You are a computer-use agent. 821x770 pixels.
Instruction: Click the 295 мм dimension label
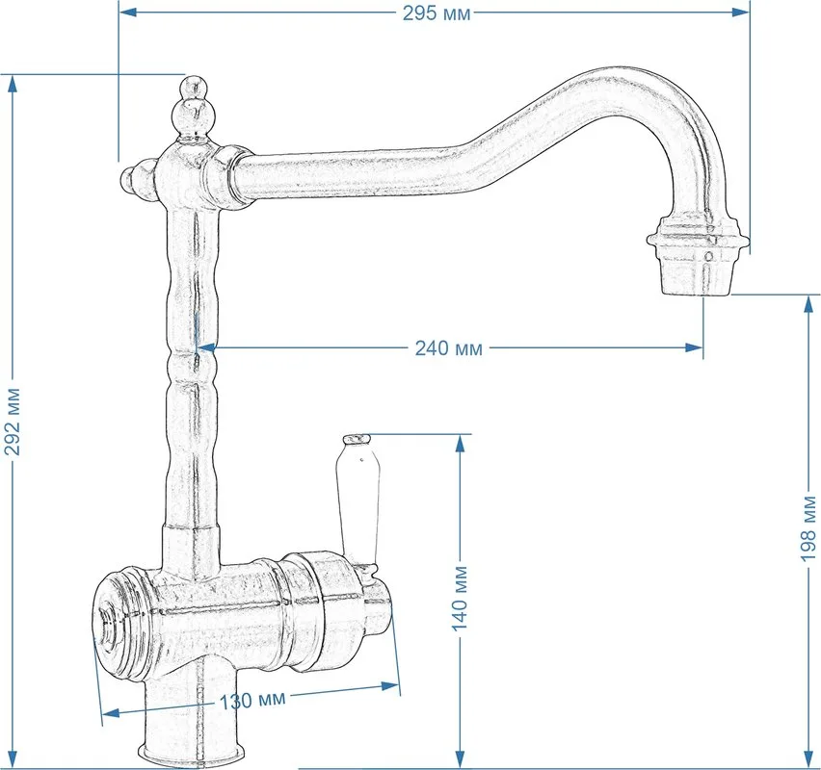pyautogui.click(x=437, y=13)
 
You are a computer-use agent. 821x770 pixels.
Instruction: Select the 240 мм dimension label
pyautogui.click(x=449, y=347)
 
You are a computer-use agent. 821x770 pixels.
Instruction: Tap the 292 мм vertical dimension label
pyautogui.click(x=13, y=422)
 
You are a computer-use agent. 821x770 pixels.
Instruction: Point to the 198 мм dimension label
pyautogui.click(x=808, y=528)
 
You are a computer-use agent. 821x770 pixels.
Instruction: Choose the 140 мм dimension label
pyautogui.click(x=460, y=599)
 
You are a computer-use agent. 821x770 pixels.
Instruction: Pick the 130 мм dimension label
pyautogui.click(x=252, y=700)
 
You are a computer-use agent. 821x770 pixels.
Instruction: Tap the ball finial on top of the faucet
pyautogui.click(x=192, y=109)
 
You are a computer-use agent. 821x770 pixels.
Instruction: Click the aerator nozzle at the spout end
pyautogui.click(x=698, y=256)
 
